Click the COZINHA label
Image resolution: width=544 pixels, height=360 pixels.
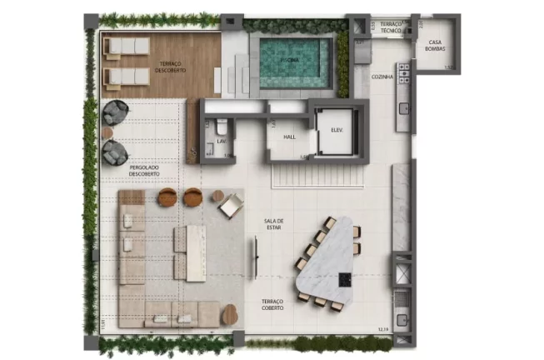click(383, 77)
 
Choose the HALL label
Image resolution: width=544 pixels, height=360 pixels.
click(290, 137)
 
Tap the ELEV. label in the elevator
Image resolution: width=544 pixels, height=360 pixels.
click(338, 129)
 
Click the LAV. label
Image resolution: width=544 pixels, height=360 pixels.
click(222, 142)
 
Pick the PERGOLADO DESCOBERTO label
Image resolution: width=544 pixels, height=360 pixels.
click(145, 170)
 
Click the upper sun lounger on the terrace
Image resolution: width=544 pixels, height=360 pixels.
click(125, 47)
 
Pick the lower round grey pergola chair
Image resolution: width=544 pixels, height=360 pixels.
click(114, 152)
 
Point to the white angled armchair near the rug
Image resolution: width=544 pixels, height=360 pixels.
click(231, 205)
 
